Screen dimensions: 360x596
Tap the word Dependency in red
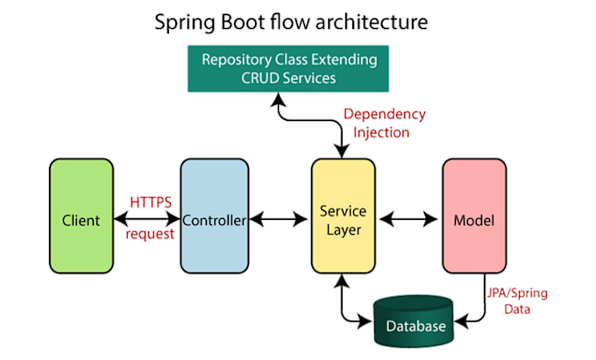384,114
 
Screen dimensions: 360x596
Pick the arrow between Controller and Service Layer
278,220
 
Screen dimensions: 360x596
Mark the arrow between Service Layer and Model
408,220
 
